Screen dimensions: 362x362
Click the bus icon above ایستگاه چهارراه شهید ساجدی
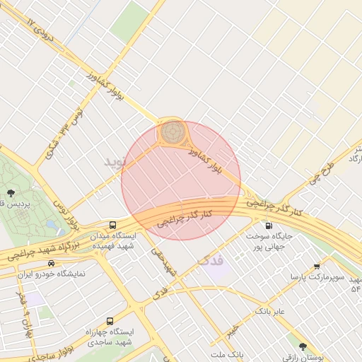pos(110,320)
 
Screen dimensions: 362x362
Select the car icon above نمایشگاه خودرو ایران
pos(50,262)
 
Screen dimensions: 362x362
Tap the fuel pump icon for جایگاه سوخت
pos(268,226)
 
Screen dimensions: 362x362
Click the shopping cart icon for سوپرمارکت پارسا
pos(317,266)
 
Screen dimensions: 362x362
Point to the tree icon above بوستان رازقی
pos(303,346)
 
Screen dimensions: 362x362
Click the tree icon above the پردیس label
pos(10,192)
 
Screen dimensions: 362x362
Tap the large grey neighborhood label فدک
pos(211,260)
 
